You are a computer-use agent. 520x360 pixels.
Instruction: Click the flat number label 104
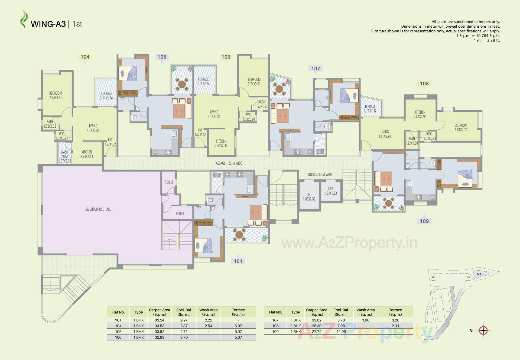(85, 57)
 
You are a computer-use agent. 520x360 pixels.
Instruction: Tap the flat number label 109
(424, 221)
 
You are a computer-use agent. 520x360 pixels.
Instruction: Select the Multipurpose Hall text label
(98, 209)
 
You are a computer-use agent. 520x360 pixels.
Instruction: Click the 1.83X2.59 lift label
(309, 197)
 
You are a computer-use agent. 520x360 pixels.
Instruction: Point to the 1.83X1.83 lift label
(330, 191)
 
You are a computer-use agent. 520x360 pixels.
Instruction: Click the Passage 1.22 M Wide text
(228, 163)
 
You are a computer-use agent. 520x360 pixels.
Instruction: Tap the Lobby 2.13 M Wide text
(320, 175)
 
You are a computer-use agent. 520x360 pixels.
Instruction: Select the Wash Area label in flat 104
(64, 156)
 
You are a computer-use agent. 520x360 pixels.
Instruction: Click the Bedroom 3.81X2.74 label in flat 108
(461, 127)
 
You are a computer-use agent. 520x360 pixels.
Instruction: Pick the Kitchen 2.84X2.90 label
(420, 114)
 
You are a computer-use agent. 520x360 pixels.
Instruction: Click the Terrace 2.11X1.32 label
(370, 108)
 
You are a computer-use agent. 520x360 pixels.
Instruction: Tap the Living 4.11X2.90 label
(384, 134)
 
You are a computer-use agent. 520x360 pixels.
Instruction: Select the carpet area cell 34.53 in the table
(160, 326)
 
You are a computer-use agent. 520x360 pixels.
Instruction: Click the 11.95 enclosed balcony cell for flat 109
(341, 332)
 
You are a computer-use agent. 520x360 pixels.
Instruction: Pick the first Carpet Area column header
(160, 312)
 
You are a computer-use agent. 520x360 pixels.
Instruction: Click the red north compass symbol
(483, 330)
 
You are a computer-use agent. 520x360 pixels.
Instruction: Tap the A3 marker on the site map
(479, 274)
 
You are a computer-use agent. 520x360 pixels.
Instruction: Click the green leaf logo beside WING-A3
(24, 19)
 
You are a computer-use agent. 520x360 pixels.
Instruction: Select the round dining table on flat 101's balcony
(239, 234)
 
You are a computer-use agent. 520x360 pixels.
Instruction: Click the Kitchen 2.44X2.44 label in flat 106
(221, 143)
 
